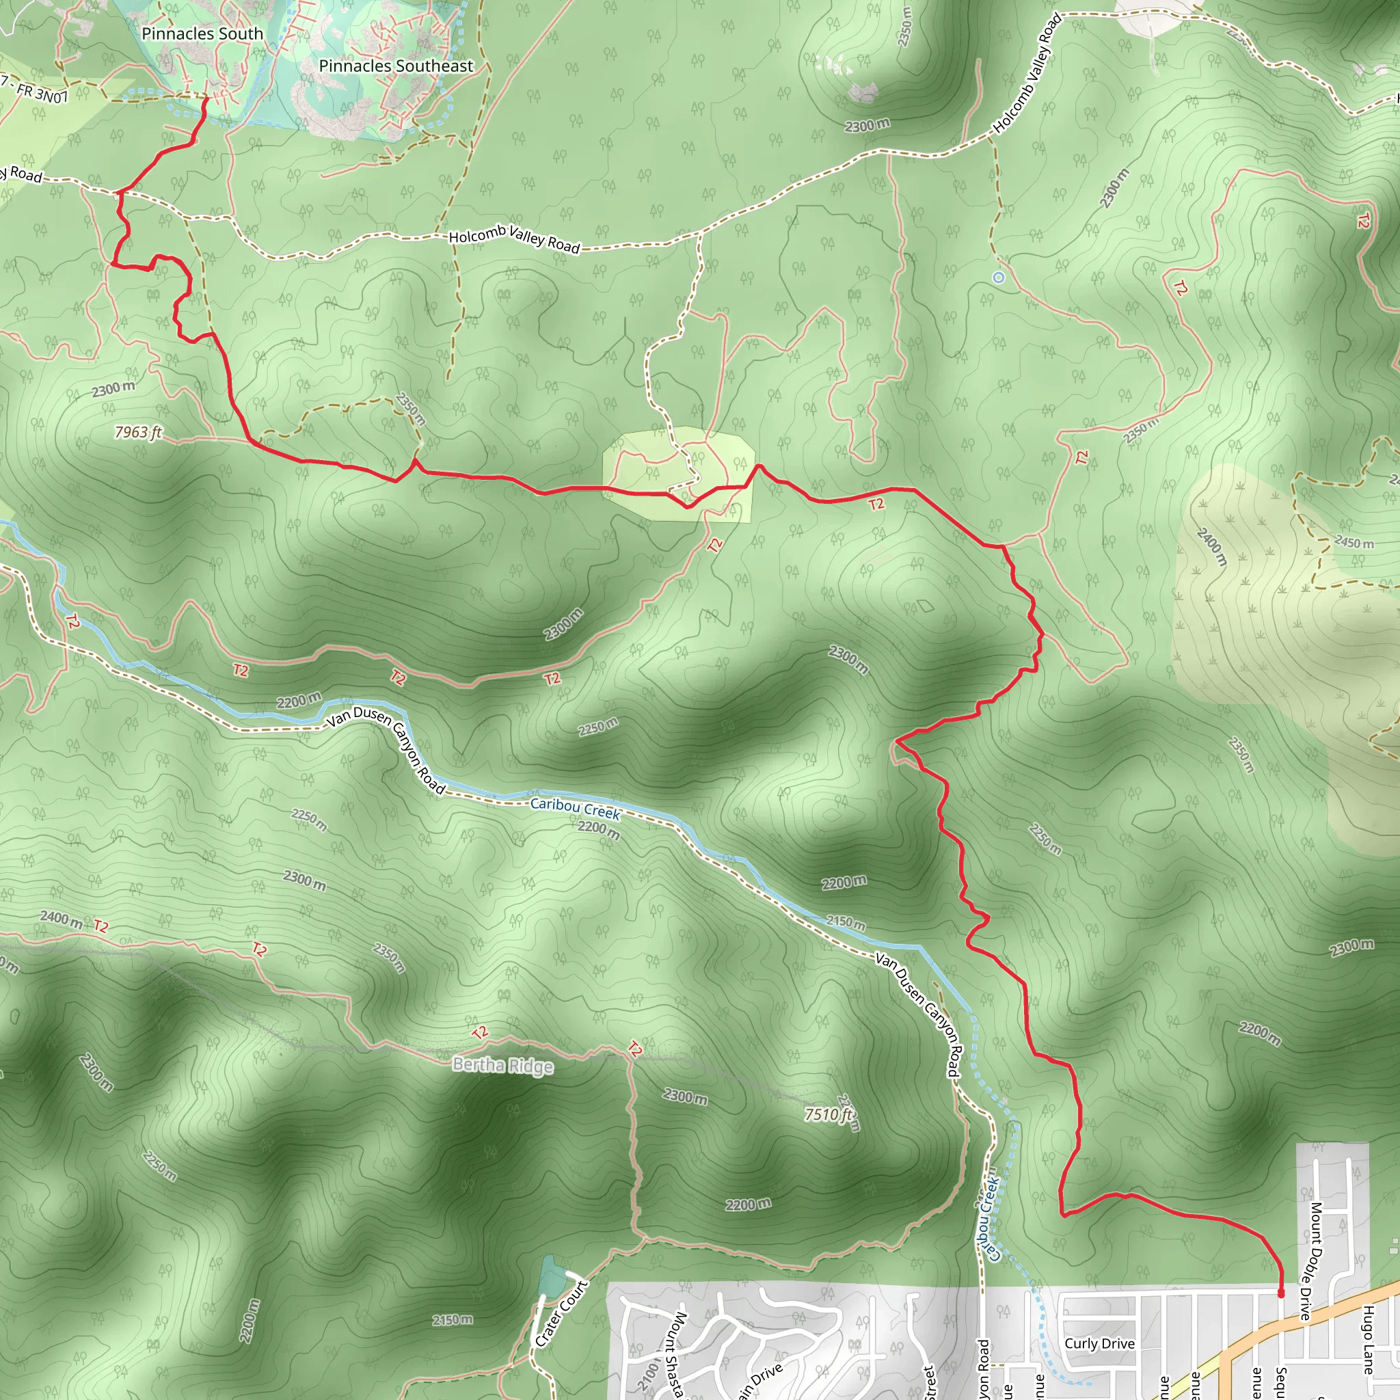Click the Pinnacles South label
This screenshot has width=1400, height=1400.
(202, 33)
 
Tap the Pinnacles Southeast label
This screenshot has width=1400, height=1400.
(396, 66)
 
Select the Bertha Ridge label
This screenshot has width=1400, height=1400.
(502, 1065)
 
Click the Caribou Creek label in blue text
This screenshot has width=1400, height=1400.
(576, 808)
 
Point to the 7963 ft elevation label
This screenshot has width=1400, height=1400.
(137, 433)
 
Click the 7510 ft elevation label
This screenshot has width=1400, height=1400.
(829, 1114)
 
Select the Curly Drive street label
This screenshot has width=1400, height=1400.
(1099, 1343)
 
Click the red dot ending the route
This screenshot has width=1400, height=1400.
(1280, 1293)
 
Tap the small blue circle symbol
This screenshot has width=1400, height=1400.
(999, 278)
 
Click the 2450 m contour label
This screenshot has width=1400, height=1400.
(1354, 542)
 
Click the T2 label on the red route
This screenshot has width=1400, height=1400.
(876, 504)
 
